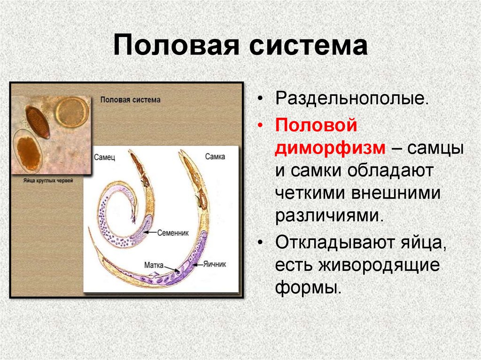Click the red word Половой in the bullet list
(x=317, y=125)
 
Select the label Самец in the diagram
(x=104, y=156)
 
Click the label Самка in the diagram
(x=215, y=156)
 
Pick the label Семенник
(x=172, y=232)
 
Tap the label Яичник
(x=215, y=264)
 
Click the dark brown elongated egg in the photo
(x=38, y=121)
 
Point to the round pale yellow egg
(x=71, y=112)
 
